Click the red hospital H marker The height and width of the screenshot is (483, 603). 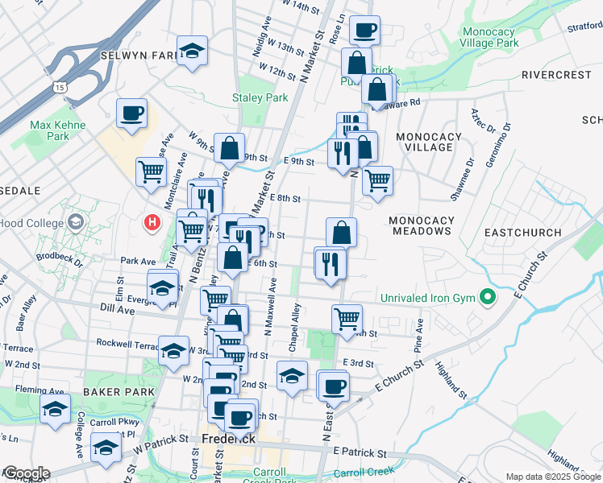151,223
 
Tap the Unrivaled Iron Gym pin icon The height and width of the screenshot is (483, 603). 487,299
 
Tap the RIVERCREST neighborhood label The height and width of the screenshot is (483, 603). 556,75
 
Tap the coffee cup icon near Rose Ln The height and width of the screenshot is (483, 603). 365,29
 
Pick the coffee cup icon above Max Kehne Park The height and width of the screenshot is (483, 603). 131,113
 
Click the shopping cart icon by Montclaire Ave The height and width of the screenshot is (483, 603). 151,171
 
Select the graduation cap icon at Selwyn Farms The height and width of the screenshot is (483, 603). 192,51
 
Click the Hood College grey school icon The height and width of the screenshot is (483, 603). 77,221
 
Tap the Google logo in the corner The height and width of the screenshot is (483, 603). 26,473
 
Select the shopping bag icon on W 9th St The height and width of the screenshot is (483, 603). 230,147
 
